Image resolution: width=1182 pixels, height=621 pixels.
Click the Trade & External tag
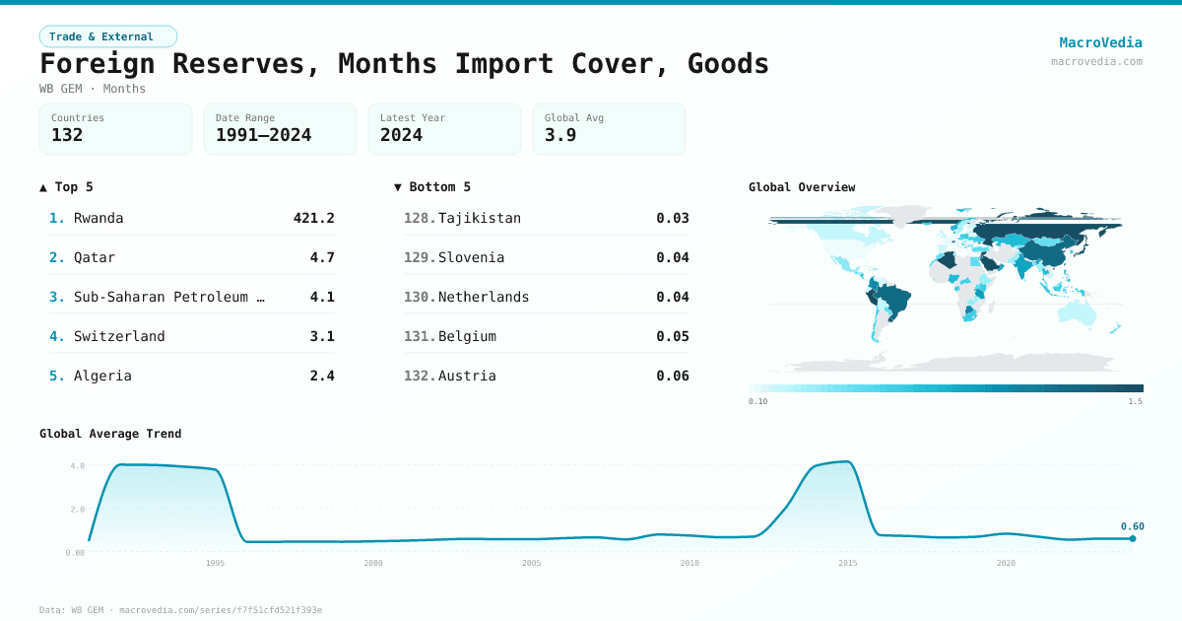click(x=107, y=36)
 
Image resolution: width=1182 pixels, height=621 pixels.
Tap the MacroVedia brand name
click(x=1100, y=42)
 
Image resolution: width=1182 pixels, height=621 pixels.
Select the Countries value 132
click(x=67, y=135)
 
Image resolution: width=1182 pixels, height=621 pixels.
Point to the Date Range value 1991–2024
click(x=263, y=135)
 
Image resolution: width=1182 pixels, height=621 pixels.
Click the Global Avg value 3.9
click(x=559, y=135)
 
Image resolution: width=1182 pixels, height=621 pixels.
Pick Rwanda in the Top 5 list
click(x=98, y=218)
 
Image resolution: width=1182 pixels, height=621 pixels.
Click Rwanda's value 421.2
click(x=313, y=218)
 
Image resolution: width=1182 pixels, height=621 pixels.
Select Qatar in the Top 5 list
click(x=95, y=257)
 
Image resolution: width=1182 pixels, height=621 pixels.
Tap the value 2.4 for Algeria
click(x=322, y=376)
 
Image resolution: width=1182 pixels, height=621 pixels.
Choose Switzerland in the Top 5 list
click(x=119, y=336)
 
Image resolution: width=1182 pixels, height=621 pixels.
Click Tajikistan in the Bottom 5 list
click(x=480, y=218)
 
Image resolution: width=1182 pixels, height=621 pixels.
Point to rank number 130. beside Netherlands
click(x=420, y=297)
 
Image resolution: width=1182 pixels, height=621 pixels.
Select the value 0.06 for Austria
click(x=673, y=376)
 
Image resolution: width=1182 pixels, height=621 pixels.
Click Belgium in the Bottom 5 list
click(x=467, y=336)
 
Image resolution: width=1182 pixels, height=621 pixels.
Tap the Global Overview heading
click(x=802, y=187)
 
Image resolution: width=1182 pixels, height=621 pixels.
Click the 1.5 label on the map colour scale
click(x=1136, y=401)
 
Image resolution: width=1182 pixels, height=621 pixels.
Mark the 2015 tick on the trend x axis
click(x=847, y=563)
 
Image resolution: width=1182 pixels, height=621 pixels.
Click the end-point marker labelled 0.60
click(x=1133, y=538)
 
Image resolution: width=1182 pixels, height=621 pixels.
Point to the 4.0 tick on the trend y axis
click(x=77, y=465)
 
